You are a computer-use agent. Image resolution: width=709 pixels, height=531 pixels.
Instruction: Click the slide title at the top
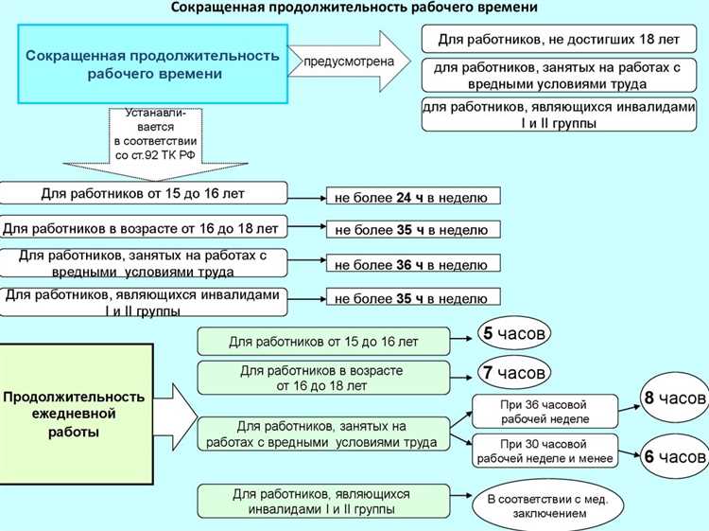point(354,8)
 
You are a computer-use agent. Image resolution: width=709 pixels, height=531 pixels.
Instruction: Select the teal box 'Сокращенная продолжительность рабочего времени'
point(152,64)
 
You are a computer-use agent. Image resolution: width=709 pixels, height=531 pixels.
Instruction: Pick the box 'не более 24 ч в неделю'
point(411,198)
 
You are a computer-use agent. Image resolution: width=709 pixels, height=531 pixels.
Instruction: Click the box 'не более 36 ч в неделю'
point(411,264)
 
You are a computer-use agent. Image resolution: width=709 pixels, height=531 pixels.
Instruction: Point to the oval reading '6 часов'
point(674,457)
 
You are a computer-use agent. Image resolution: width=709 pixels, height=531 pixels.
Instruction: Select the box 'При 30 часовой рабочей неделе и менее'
point(545,451)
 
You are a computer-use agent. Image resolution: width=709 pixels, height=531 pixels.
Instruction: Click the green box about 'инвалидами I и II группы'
point(320,501)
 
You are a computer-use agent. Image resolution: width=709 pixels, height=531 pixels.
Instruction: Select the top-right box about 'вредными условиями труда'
point(564,75)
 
